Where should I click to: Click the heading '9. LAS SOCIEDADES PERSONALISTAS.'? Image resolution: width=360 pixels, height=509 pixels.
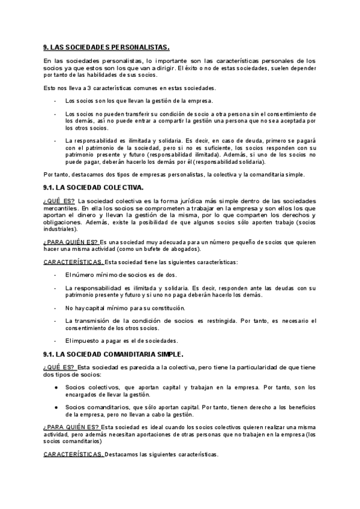107,47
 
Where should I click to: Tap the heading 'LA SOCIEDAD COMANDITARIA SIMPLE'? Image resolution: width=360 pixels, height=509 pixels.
118,355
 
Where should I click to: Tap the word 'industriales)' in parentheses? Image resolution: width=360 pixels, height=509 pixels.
61,229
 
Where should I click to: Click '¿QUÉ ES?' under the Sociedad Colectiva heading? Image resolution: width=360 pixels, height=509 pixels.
59,200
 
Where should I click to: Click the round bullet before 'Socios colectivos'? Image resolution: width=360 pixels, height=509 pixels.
56,387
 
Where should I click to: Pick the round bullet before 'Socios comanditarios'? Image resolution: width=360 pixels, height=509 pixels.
56,407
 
